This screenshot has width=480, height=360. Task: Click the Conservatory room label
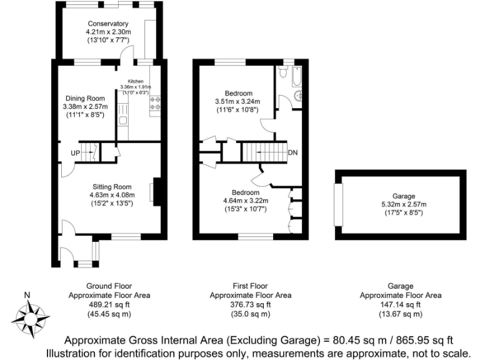(107, 24)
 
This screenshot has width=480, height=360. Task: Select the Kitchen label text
(136, 82)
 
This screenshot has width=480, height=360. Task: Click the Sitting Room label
(112, 186)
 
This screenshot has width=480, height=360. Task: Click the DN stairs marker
(292, 152)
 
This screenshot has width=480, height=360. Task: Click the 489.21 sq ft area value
(109, 304)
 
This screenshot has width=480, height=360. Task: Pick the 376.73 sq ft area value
(250, 304)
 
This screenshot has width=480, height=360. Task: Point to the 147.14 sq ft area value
(400, 304)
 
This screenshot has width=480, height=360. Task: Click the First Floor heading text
(250, 286)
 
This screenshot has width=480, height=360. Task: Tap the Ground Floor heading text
(109, 286)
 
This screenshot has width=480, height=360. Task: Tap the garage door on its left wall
(338, 204)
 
